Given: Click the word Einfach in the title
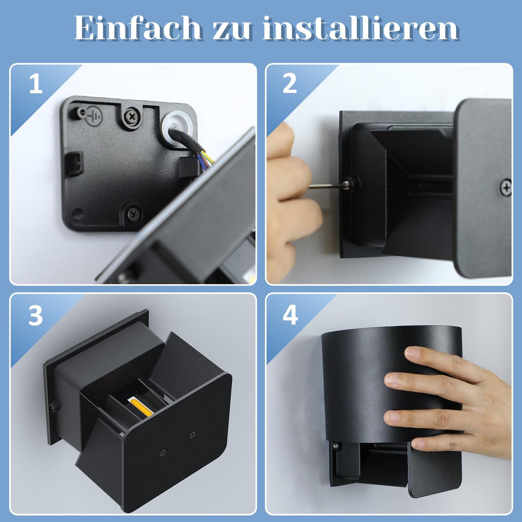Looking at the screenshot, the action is coord(138,29).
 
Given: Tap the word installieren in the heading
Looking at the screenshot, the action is coord(361,29).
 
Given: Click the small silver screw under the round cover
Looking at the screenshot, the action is coord(336,446).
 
